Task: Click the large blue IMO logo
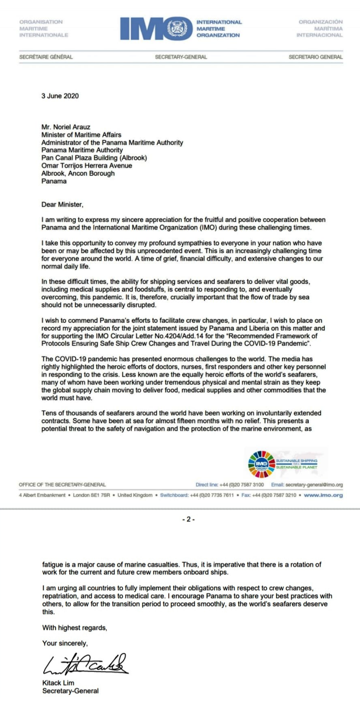pyautogui.click(x=156, y=28)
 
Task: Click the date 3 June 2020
pyautogui.click(x=60, y=96)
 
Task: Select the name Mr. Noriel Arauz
pyautogui.click(x=66, y=127)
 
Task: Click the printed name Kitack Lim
pyautogui.click(x=58, y=683)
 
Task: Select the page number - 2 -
pyautogui.click(x=188, y=519)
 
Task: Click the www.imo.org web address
pyautogui.click(x=323, y=495)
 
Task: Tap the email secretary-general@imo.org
pyautogui.click(x=314, y=485)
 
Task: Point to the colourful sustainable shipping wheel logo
pyautogui.click(x=261, y=464)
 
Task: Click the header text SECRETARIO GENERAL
pyautogui.click(x=316, y=57)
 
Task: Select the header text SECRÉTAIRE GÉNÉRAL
pyautogui.click(x=46, y=57)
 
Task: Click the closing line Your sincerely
pyautogui.click(x=65, y=643)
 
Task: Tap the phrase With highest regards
pyautogui.click(x=75, y=628)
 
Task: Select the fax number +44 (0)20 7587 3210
pyautogui.click(x=274, y=495)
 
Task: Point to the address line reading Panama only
pyautogui.click(x=54, y=181)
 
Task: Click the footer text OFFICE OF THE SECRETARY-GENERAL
pyautogui.click(x=62, y=485)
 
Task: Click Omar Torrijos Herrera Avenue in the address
pyautogui.click(x=86, y=166)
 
